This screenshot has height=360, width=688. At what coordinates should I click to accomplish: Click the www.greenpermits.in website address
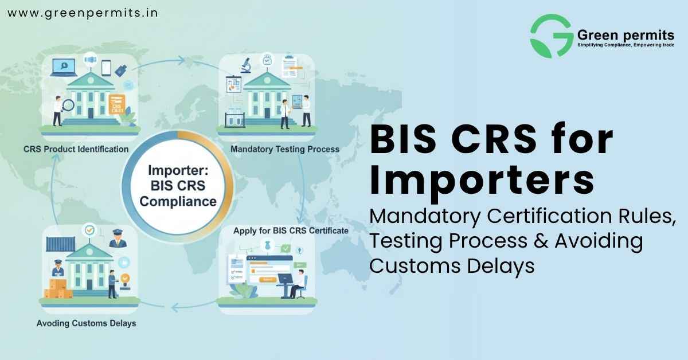click(x=82, y=12)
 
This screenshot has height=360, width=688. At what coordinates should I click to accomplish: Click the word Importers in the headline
click(x=482, y=181)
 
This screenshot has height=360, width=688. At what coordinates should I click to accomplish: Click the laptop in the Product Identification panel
click(x=60, y=68)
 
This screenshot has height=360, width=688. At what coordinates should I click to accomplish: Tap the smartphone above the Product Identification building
click(x=106, y=67)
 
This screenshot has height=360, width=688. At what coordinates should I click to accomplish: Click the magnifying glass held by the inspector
click(x=67, y=105)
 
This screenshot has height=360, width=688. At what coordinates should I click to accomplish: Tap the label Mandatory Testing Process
click(x=284, y=149)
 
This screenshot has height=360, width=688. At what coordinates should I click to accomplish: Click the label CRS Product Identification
click(x=76, y=149)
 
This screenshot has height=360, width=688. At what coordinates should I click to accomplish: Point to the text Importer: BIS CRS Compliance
click(x=178, y=186)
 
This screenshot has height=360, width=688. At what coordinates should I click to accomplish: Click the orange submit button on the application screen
click(x=267, y=279)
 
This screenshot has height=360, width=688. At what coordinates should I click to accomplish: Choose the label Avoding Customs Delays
click(x=86, y=323)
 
